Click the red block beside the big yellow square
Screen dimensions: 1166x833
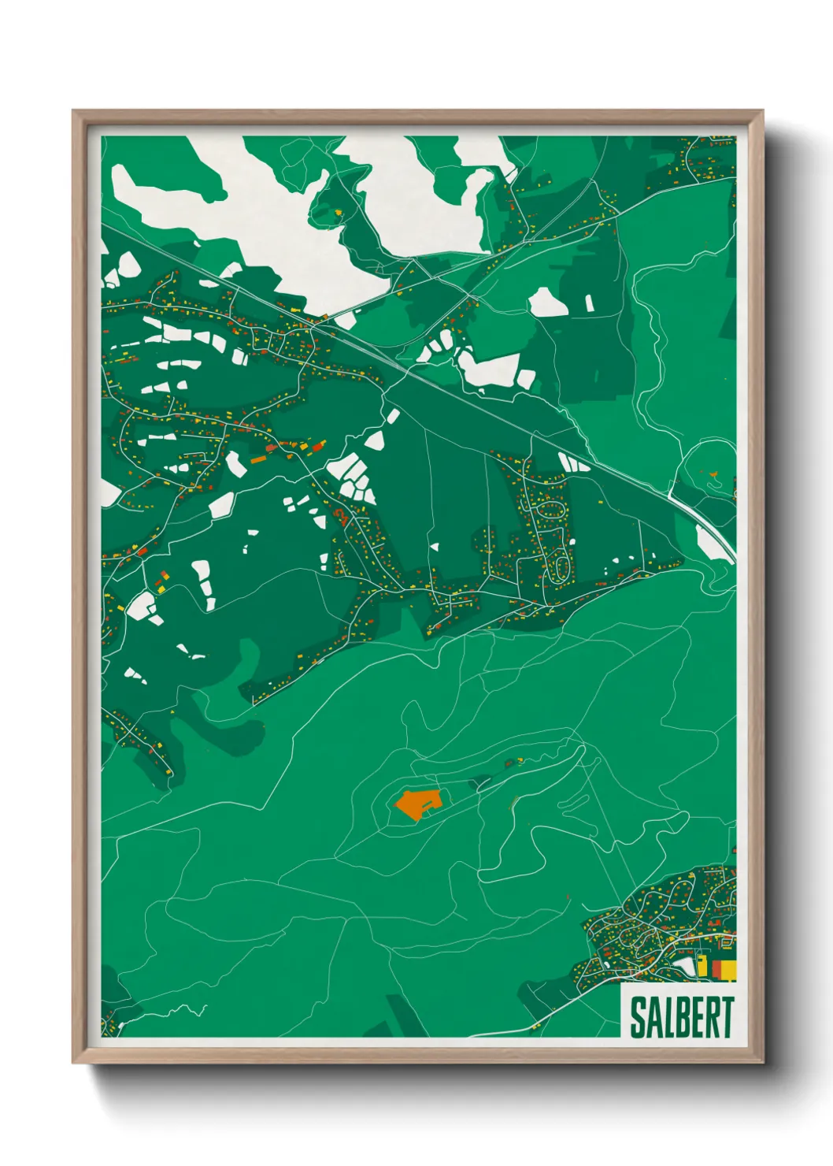(x=716, y=968)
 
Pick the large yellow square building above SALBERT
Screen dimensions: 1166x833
(x=729, y=969)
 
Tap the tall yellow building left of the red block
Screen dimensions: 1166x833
(x=702, y=967)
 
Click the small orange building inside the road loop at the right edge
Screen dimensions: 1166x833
(x=714, y=474)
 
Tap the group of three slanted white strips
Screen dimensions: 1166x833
(x=573, y=462)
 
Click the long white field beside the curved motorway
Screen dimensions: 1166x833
(x=715, y=543)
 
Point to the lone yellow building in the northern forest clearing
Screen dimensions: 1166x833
(x=339, y=213)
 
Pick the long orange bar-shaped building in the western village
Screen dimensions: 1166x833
(x=259, y=457)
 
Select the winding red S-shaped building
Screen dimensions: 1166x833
(x=342, y=516)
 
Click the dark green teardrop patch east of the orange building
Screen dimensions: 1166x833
(x=479, y=783)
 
